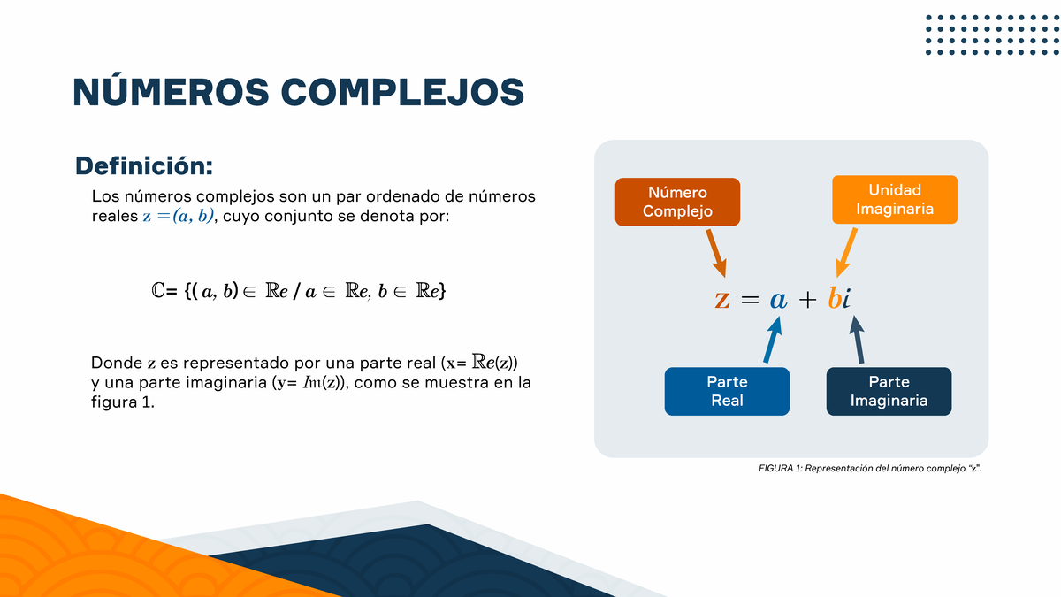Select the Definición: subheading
144,166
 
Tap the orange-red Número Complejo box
677,202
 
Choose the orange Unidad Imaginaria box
895,200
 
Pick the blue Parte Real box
727,391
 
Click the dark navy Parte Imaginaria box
889,391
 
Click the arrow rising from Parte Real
772,341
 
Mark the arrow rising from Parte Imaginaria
857,340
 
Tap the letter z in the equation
722,300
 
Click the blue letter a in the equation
778,300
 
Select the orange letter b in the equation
834,299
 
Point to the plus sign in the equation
806,300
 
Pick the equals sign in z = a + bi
750,301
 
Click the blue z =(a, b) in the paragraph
179,218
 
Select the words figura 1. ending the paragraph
123,402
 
